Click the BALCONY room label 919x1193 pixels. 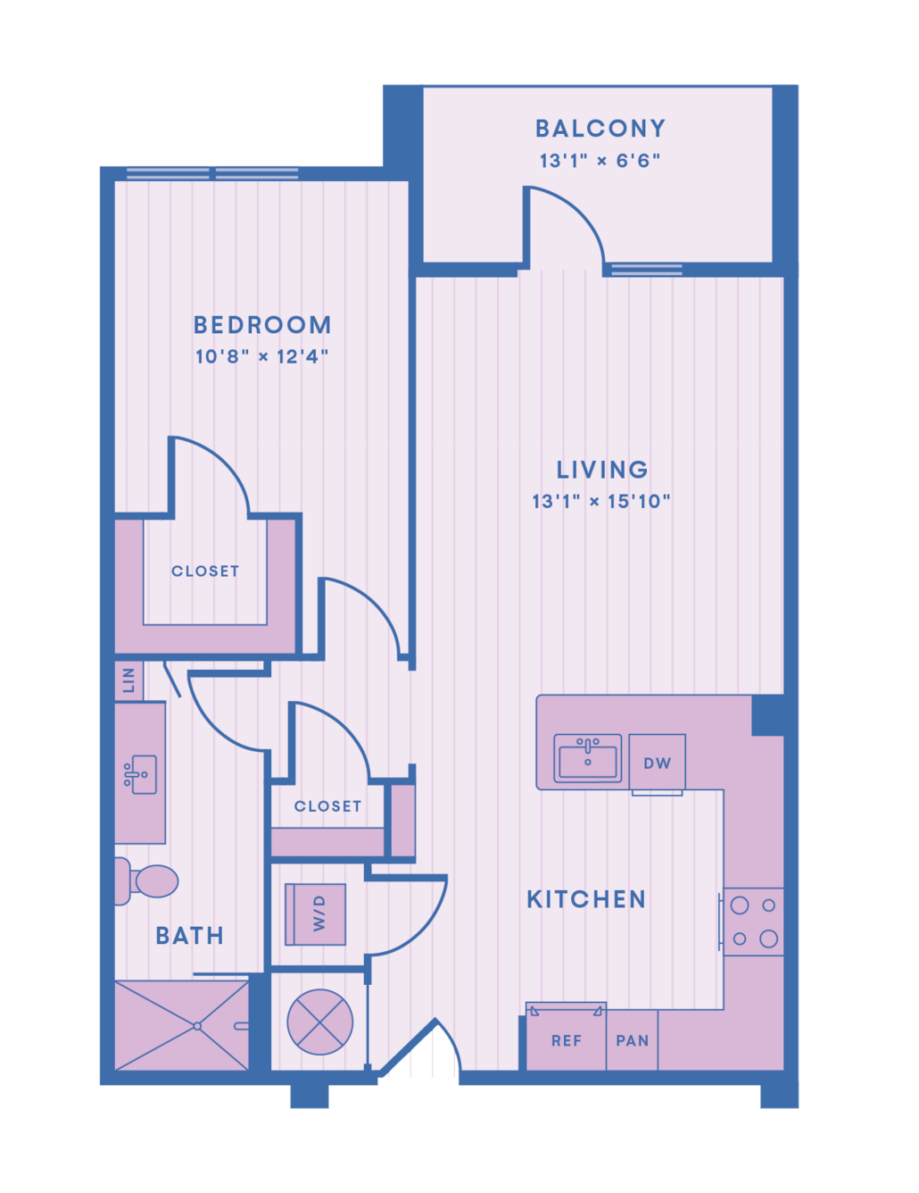click(x=600, y=129)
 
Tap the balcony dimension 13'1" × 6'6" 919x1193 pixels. click(x=600, y=161)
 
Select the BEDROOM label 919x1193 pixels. click(x=262, y=324)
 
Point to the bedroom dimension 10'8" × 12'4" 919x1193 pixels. click(x=262, y=357)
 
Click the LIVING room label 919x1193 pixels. click(x=602, y=470)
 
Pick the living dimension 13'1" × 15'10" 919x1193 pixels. click(x=601, y=501)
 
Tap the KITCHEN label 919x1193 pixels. click(x=586, y=899)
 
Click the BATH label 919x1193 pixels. click(x=190, y=936)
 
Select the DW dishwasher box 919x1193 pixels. click(x=657, y=762)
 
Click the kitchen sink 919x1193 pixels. click(x=587, y=758)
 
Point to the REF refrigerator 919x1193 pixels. click(x=566, y=1037)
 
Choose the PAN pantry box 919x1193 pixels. click(x=633, y=1039)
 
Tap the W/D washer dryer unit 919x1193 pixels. click(x=315, y=914)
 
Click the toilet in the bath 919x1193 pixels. click(x=145, y=881)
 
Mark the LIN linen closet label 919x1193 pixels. click(x=128, y=680)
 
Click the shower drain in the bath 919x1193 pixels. click(x=197, y=1026)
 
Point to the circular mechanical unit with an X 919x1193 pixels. click(x=320, y=1022)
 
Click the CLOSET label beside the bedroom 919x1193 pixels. click(x=205, y=571)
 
